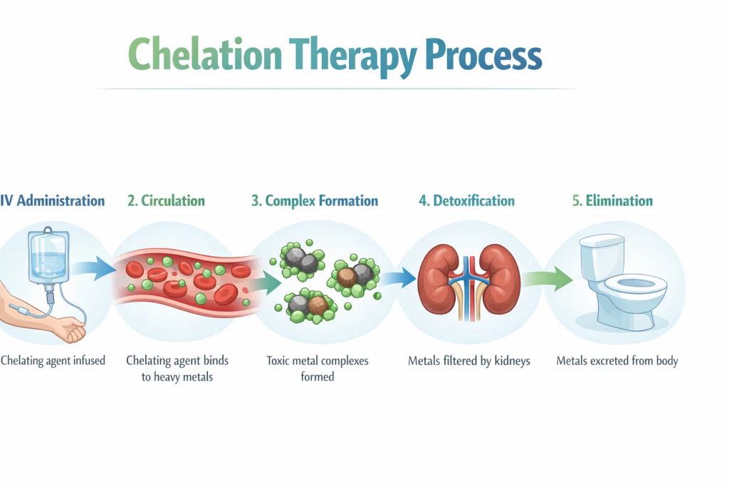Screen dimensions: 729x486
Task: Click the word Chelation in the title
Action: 205,54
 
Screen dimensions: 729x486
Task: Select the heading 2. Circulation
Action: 166,201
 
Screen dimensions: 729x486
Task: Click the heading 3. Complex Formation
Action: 315,201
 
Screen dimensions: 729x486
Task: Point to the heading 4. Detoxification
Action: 467,201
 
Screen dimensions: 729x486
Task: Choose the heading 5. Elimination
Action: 612,201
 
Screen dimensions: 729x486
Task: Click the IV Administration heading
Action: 52,201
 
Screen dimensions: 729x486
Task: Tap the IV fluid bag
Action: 48,257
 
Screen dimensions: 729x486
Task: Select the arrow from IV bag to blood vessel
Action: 95,268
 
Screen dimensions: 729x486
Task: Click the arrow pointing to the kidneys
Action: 399,278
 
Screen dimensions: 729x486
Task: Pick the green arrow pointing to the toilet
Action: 547,279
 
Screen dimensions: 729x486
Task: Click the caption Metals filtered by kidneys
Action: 468,361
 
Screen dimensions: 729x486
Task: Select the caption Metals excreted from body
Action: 617,361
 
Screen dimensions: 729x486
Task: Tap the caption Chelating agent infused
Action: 53,361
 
